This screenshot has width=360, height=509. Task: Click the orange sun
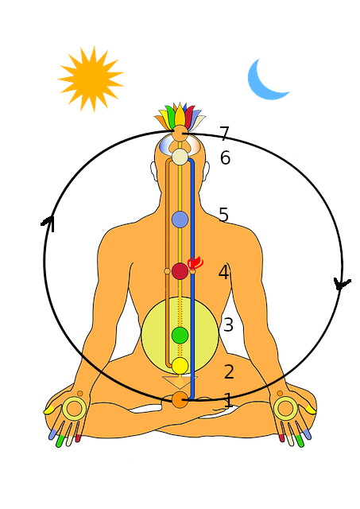tap(91, 79)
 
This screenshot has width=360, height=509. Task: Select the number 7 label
tap(224, 134)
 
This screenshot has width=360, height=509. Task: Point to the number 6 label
tap(225, 157)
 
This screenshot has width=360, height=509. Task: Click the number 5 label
tap(223, 214)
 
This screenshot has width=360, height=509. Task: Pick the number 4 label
tap(224, 272)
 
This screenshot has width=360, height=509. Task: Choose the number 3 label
tap(228, 324)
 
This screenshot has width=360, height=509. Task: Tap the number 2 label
tap(229, 371)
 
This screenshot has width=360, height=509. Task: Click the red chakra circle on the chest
tap(180, 271)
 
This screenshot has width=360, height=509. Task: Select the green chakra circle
tap(180, 336)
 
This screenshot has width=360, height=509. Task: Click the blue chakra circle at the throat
tap(180, 220)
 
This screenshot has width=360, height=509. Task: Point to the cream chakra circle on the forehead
tap(180, 157)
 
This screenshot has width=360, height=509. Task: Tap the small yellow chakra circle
tap(180, 366)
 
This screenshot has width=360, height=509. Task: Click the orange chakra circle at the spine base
tap(180, 399)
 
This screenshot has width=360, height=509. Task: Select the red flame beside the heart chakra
tap(195, 262)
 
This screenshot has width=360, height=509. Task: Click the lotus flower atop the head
tap(180, 116)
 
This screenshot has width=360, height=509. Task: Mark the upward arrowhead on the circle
tap(48, 224)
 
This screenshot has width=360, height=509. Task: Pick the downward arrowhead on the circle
tap(341, 285)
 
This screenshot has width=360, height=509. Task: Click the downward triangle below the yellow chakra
tap(180, 383)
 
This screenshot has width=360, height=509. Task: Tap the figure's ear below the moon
tap(207, 171)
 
